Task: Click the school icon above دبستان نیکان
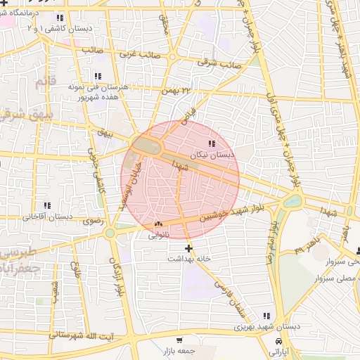coord(212,144)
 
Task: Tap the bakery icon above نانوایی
coord(157,225)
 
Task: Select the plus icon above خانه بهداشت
coord(188,248)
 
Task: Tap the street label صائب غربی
coord(138,53)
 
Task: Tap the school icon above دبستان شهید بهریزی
coord(266,316)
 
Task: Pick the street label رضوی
coord(93,221)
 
